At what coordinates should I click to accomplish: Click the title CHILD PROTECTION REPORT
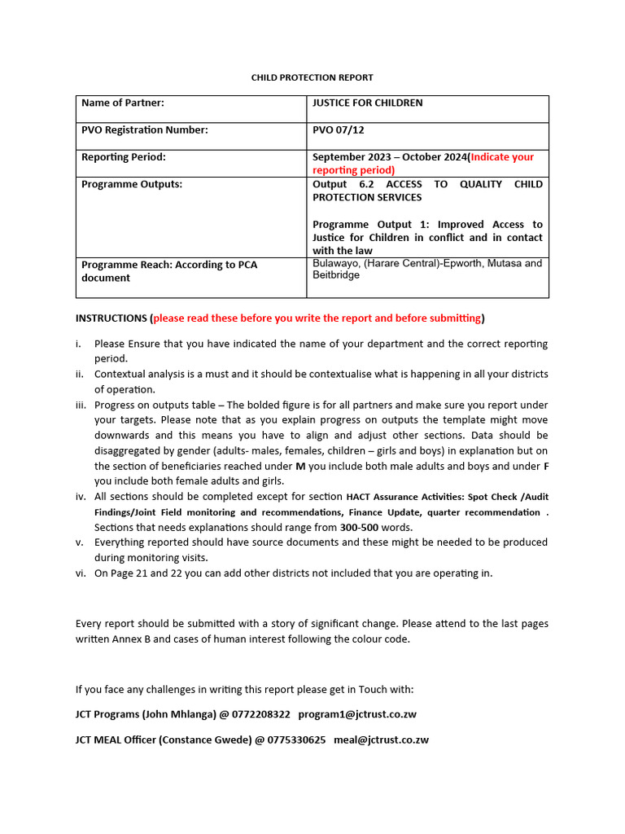pyautogui.click(x=312, y=77)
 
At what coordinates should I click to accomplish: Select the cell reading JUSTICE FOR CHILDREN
pyautogui.click(x=367, y=103)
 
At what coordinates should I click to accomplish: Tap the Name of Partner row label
pyautogui.click(x=123, y=103)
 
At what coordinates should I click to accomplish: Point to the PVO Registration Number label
pyautogui.click(x=145, y=129)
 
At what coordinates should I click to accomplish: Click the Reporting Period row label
pyautogui.click(x=124, y=157)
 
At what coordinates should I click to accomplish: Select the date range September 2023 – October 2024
pyautogui.click(x=390, y=157)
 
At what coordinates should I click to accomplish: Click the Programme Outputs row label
pyautogui.click(x=132, y=184)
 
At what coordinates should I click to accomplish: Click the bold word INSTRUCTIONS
pyautogui.click(x=111, y=318)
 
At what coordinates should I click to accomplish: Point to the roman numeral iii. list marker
pyautogui.click(x=81, y=405)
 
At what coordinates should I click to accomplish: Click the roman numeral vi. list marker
pyautogui.click(x=81, y=573)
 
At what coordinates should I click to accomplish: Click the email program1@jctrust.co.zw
pyautogui.click(x=358, y=713)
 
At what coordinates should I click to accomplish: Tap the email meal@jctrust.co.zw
pyautogui.click(x=381, y=740)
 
